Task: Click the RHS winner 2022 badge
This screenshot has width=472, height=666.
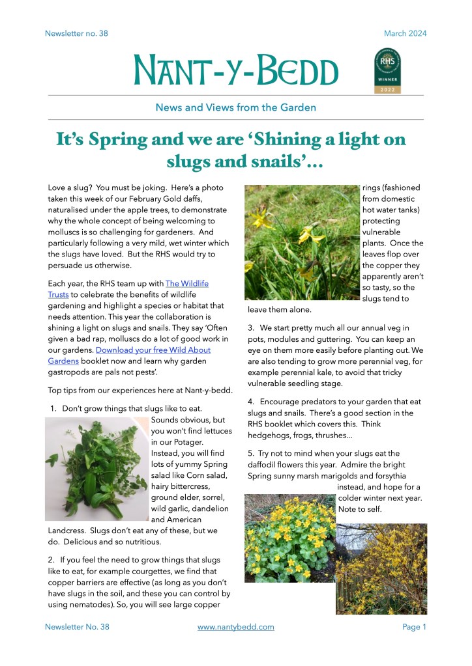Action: click(x=387, y=71)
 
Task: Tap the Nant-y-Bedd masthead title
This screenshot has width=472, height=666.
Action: click(x=236, y=72)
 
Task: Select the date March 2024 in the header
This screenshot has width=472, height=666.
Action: click(x=405, y=34)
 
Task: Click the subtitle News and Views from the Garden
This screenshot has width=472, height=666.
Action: click(x=235, y=107)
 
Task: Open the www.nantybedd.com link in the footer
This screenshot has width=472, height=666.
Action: click(x=235, y=627)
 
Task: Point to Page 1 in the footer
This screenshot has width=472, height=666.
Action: click(x=414, y=627)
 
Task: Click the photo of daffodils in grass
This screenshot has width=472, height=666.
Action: click(x=302, y=242)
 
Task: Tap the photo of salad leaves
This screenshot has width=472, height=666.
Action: click(x=97, y=469)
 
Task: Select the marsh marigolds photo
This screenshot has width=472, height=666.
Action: click(x=289, y=539)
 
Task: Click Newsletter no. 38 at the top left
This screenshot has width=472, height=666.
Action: click(x=76, y=34)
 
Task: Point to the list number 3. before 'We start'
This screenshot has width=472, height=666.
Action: click(x=252, y=327)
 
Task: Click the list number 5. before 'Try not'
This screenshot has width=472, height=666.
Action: click(x=252, y=453)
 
